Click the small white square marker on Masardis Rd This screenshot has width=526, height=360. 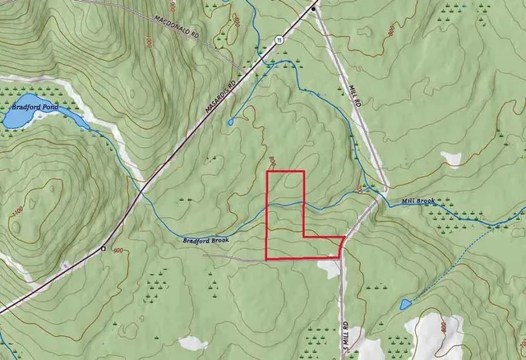(x=103, y=247)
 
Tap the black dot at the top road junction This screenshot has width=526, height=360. (x=313, y=7)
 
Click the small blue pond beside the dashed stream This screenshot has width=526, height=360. (x=404, y=305)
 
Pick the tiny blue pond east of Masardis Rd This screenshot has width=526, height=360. (x=229, y=122)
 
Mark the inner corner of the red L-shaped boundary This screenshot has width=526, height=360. (x=304, y=237)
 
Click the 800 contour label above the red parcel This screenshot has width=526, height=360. (x=273, y=161)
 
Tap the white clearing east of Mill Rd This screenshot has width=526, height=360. (x=451, y=157)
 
